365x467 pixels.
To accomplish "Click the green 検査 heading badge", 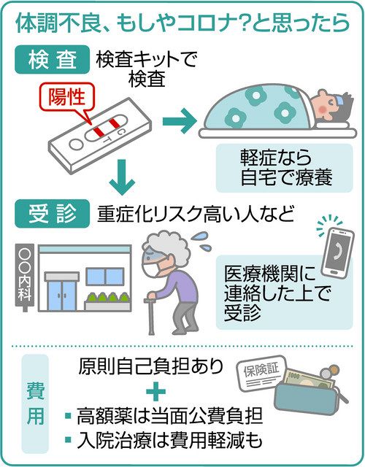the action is tap(52, 60).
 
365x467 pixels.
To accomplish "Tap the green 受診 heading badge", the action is tap(52, 214).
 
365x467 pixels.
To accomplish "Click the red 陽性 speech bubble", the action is tap(67, 99).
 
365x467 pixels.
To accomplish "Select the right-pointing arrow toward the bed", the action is tap(180, 121).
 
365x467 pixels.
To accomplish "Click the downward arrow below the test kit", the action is tap(122, 178).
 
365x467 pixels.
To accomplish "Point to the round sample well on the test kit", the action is tap(76, 144).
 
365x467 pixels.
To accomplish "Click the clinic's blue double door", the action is tap(62, 296).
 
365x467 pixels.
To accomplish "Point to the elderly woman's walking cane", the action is tap(151, 316).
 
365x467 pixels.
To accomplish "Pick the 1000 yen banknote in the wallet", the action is tap(307, 378).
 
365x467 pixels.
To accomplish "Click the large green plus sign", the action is tap(155, 391).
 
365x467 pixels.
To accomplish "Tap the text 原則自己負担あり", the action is tap(151, 366).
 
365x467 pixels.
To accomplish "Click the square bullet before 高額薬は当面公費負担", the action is tap(68, 415).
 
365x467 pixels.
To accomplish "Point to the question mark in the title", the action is tap(246, 23).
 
